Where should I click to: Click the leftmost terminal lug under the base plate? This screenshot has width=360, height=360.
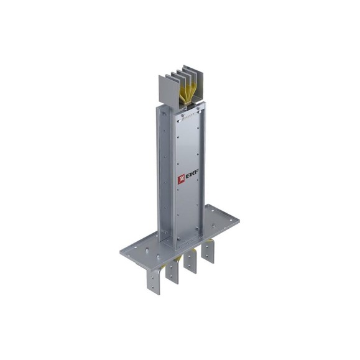point(154,282)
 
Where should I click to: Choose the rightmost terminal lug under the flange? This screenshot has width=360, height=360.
point(208,252)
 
